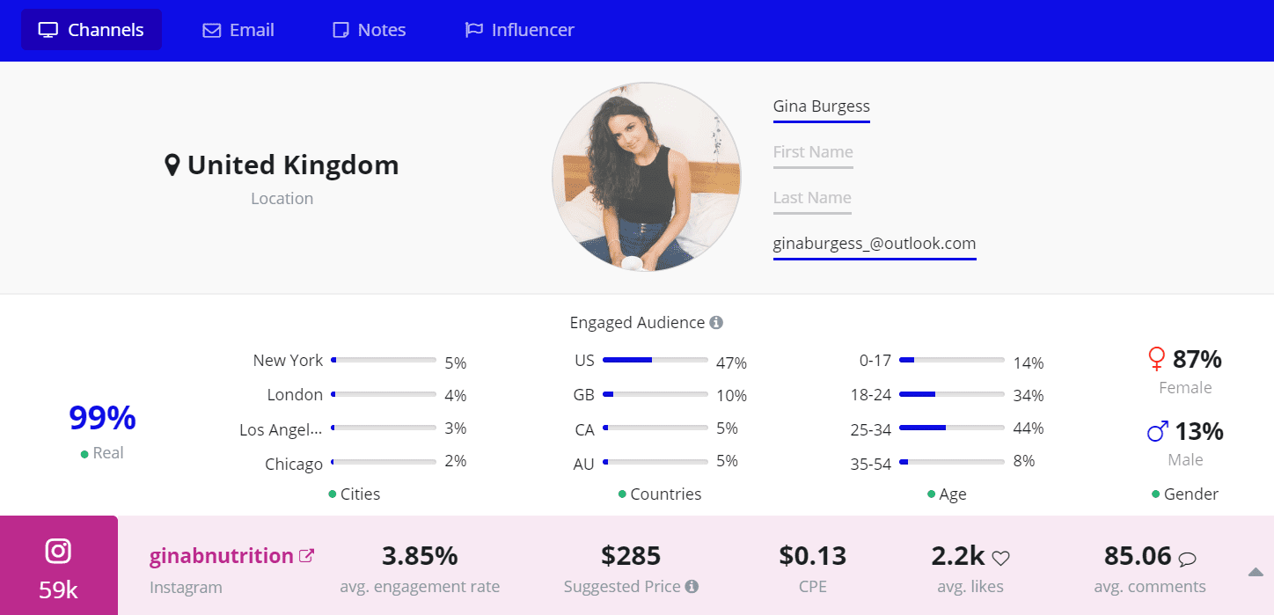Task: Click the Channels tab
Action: pyautogui.click(x=91, y=30)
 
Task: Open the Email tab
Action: pyautogui.click(x=238, y=30)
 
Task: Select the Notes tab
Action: pyautogui.click(x=369, y=30)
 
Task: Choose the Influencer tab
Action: pyautogui.click(x=519, y=30)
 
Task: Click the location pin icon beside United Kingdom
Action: pyautogui.click(x=172, y=165)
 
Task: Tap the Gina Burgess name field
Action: pyautogui.click(x=821, y=106)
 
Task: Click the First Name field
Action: pyautogui.click(x=813, y=152)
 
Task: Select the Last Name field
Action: pyautogui.click(x=812, y=198)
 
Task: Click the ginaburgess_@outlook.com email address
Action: pyautogui.click(x=875, y=244)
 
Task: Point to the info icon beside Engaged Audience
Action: pyautogui.click(x=716, y=323)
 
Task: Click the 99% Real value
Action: pyautogui.click(x=102, y=419)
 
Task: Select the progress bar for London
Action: pyautogui.click(x=384, y=394)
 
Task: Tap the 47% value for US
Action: pyautogui.click(x=732, y=362)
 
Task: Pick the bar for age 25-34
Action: pyautogui.click(x=951, y=428)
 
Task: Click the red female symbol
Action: pyautogui.click(x=1157, y=359)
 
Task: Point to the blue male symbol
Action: pyautogui.click(x=1158, y=431)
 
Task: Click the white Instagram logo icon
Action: pyautogui.click(x=58, y=552)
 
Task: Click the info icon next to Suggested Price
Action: pyautogui.click(x=692, y=587)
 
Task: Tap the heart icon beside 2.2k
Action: pyautogui.click(x=1000, y=558)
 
